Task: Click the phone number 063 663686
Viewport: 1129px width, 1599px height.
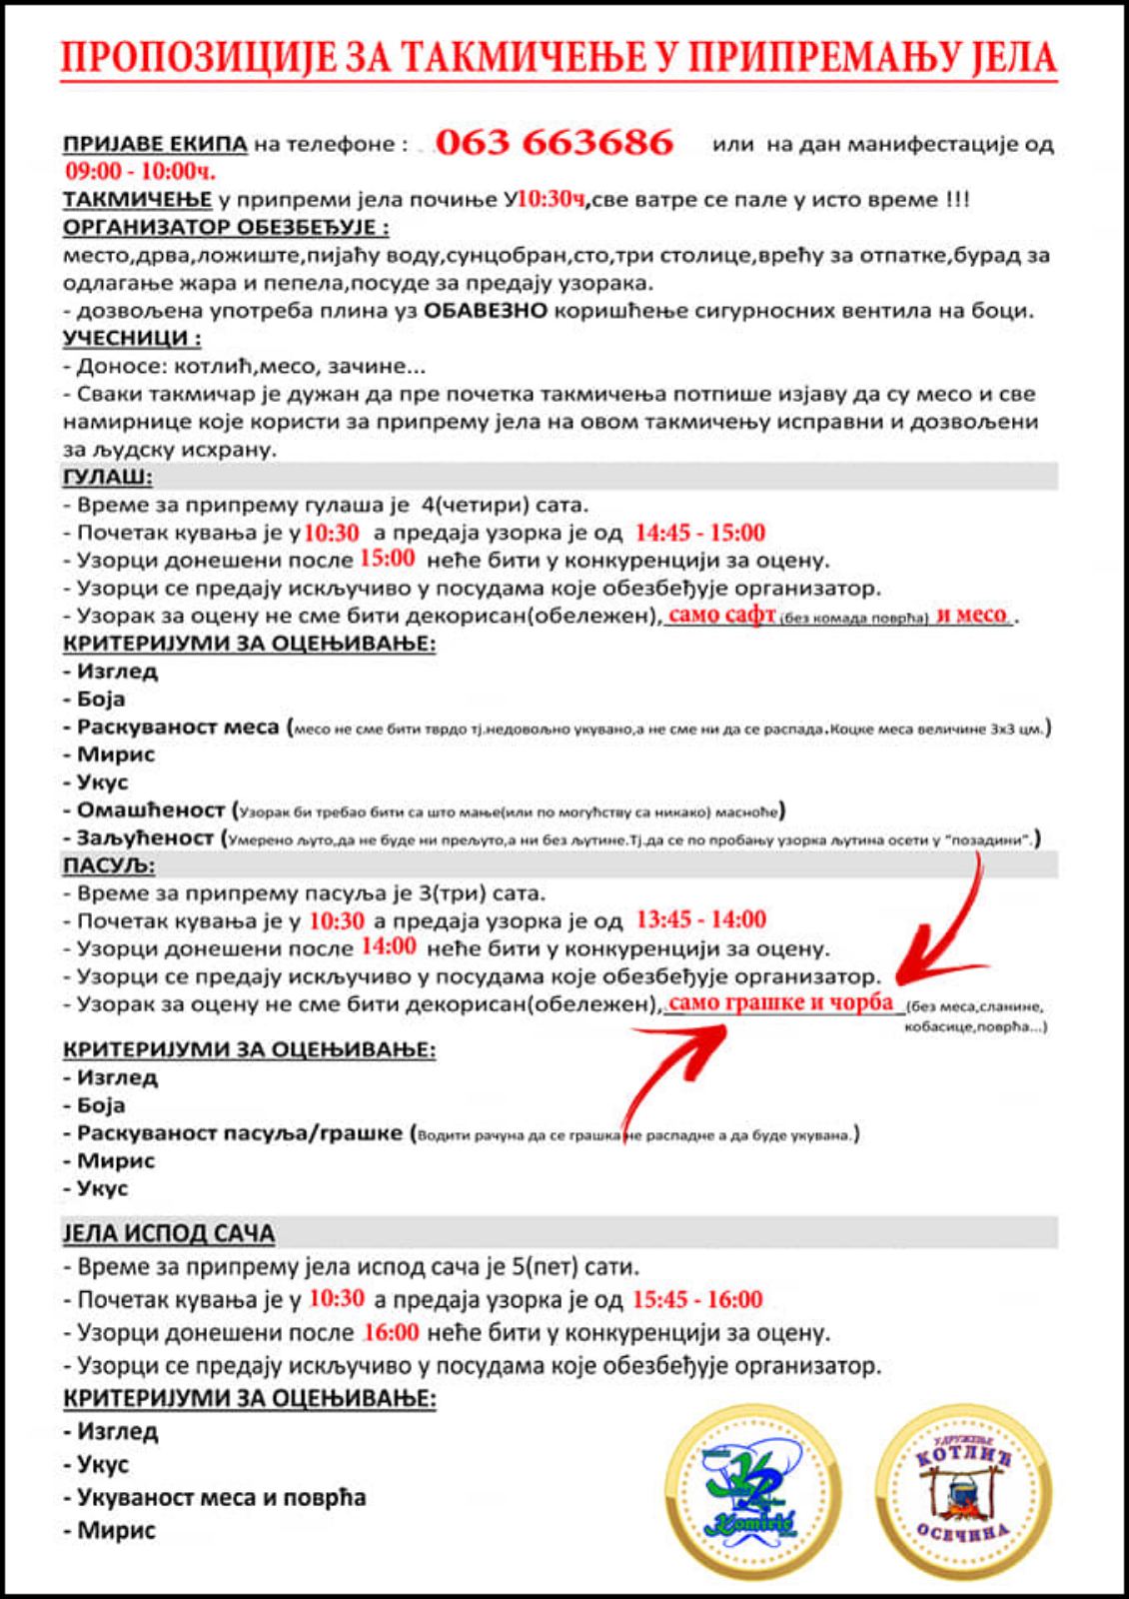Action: (555, 142)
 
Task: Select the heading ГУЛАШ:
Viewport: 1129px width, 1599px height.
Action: (108, 477)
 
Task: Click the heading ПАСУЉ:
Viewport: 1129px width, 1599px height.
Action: (109, 865)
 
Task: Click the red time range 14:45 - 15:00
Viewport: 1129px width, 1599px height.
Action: (700, 533)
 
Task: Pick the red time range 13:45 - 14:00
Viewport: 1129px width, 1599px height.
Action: (700, 919)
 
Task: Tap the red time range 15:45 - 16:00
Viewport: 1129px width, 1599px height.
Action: (697, 1300)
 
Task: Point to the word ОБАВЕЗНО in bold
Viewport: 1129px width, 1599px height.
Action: (486, 311)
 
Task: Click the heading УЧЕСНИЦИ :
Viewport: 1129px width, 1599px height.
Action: (132, 338)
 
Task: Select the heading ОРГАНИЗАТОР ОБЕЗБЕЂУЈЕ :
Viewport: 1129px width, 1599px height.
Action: (226, 227)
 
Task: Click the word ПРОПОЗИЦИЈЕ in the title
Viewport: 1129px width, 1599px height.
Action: (205, 57)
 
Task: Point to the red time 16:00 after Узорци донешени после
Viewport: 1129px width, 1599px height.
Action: (391, 1332)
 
